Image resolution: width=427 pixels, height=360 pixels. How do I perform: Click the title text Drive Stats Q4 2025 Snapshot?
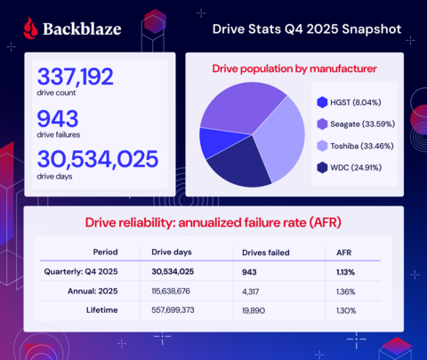click(x=307, y=28)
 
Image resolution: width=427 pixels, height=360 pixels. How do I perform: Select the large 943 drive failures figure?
click(x=57, y=118)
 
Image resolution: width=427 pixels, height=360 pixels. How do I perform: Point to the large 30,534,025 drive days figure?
click(x=96, y=160)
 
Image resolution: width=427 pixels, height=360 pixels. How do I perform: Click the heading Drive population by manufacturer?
click(x=294, y=68)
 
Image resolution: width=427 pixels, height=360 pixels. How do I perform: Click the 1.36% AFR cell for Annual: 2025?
click(x=348, y=289)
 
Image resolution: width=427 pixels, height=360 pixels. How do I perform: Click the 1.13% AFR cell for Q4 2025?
click(x=348, y=271)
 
